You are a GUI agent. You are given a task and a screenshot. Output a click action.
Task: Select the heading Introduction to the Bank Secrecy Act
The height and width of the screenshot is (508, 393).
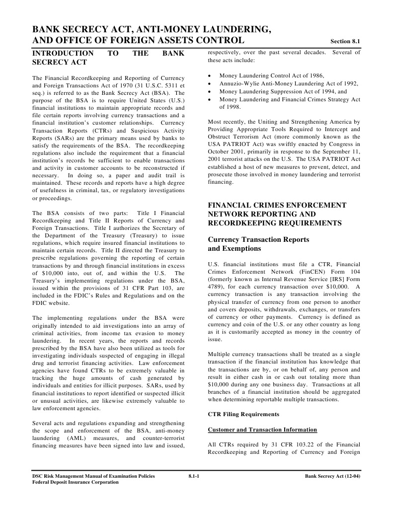(x=108, y=58)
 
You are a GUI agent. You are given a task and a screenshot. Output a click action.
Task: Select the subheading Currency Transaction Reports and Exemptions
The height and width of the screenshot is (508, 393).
(x=258, y=244)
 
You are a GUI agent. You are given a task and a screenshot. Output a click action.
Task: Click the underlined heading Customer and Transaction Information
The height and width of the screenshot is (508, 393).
(x=262, y=430)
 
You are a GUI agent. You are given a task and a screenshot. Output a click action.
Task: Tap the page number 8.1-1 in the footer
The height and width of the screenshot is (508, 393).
(x=194, y=476)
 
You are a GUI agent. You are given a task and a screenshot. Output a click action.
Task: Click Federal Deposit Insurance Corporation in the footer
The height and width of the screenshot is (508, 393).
(x=72, y=482)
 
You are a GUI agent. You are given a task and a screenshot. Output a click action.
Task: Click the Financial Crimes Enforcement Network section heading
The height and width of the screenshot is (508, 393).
(x=277, y=214)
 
